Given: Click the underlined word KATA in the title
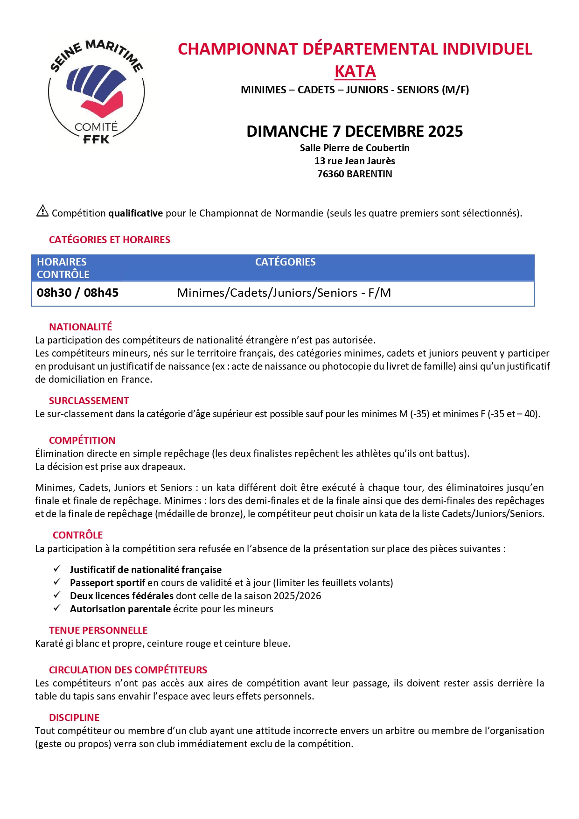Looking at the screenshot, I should (x=355, y=72).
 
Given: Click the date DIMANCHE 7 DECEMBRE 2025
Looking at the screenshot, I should (x=355, y=132).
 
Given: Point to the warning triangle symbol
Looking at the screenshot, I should (x=42, y=211).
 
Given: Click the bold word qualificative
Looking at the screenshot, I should (x=135, y=213).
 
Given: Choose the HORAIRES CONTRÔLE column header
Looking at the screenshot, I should (x=63, y=268).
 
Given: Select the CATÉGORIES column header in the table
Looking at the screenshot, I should (x=285, y=262).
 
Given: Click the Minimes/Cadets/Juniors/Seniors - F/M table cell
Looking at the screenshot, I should (x=284, y=293).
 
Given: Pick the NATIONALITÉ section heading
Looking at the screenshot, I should (x=81, y=327).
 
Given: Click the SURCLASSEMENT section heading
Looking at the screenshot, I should (x=89, y=401).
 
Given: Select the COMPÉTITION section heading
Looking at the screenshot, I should (x=82, y=441).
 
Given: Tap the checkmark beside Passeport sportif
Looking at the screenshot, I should (x=57, y=582).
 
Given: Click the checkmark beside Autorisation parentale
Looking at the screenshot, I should (x=57, y=608).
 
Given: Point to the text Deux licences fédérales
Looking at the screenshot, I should (x=121, y=596).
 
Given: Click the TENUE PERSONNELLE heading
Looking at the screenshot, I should (x=98, y=630).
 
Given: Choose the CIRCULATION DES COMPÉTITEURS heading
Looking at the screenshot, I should (x=128, y=670).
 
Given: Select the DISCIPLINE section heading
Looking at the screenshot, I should (x=74, y=718).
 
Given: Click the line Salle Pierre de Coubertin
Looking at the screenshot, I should (x=355, y=148).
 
